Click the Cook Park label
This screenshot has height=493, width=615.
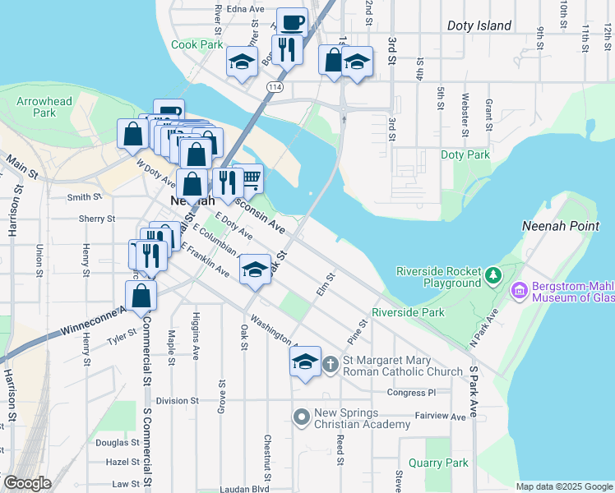(197, 44)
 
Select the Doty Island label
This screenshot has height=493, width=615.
(479, 26)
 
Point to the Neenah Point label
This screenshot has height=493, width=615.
(557, 226)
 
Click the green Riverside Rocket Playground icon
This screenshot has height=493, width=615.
(492, 274)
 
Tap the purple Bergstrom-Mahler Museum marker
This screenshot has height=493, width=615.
(519, 290)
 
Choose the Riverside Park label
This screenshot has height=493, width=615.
(408, 312)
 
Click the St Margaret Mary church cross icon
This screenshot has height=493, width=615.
(329, 363)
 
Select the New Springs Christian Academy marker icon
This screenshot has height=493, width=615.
(301, 417)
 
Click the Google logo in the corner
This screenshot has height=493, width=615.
(27, 483)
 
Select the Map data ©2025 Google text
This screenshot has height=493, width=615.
(564, 486)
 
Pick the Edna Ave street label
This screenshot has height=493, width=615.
(246, 9)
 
